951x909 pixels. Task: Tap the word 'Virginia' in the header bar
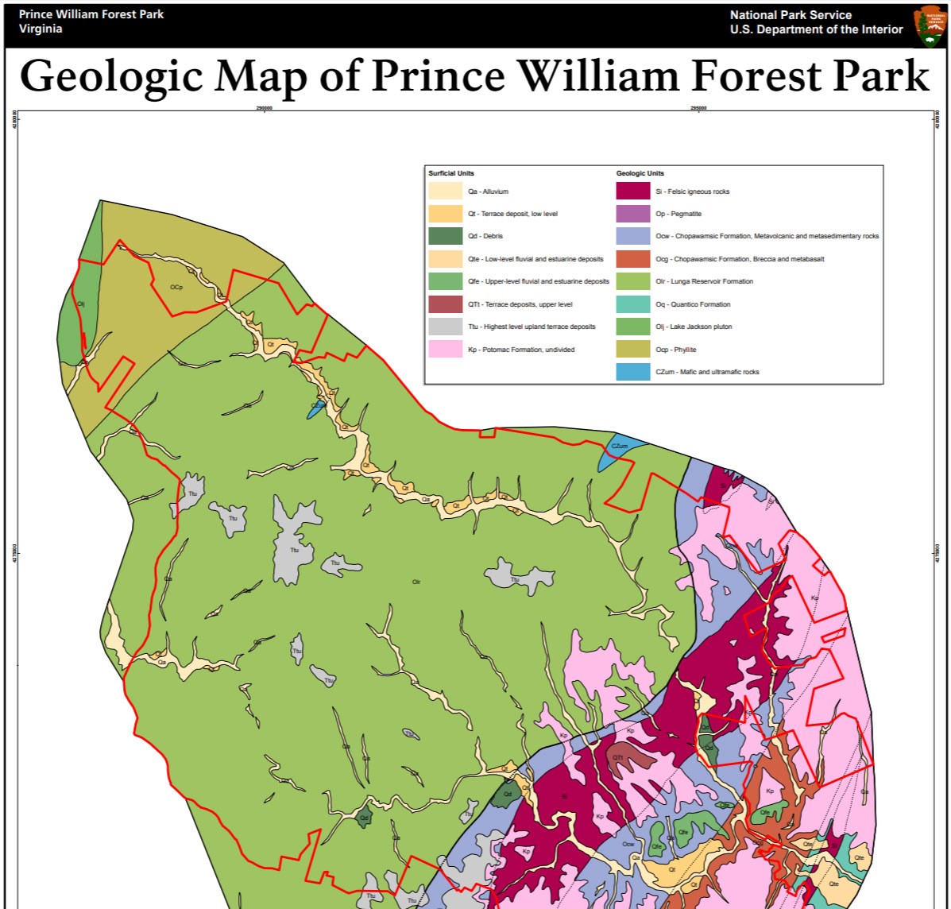pyautogui.click(x=41, y=29)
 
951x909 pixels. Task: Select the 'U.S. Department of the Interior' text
pyautogui.click(x=816, y=29)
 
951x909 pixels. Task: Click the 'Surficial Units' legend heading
pyautogui.click(x=451, y=173)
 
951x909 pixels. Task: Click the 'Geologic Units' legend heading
pyautogui.click(x=640, y=173)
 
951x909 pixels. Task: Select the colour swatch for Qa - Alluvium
pyautogui.click(x=445, y=191)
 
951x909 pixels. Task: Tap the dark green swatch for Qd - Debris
pyautogui.click(x=445, y=236)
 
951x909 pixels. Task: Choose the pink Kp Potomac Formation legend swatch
pyautogui.click(x=445, y=349)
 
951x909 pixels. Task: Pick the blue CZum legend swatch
pyautogui.click(x=632, y=371)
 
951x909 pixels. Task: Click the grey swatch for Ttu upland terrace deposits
pyautogui.click(x=445, y=327)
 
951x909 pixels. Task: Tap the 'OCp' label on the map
pyautogui.click(x=176, y=287)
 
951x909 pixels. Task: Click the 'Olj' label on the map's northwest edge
pyautogui.click(x=80, y=304)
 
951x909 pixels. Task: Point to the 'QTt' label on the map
pyautogui.click(x=617, y=757)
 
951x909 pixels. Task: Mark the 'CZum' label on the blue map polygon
pyautogui.click(x=620, y=447)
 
